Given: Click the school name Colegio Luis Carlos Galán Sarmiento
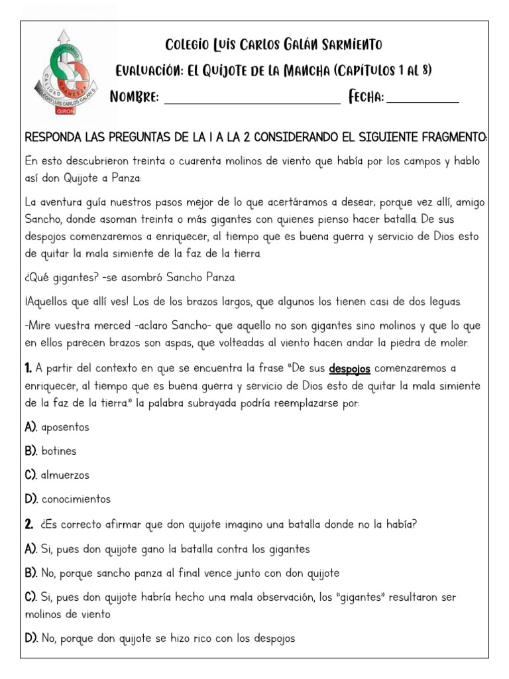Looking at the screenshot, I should [x=273, y=45].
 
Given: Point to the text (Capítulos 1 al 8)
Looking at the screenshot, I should [x=383, y=71].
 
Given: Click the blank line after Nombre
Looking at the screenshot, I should [x=252, y=98].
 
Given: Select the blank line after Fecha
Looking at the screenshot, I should [x=422, y=98].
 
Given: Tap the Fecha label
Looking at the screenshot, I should [x=366, y=97].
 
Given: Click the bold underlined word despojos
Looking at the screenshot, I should [x=349, y=368].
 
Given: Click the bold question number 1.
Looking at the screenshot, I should [x=28, y=368].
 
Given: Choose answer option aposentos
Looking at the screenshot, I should [x=64, y=427].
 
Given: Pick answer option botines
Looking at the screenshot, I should [x=58, y=451].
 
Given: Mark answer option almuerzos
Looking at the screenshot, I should [x=64, y=475].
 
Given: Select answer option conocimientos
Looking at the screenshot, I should [x=75, y=499].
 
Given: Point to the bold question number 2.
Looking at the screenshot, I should [x=28, y=525].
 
